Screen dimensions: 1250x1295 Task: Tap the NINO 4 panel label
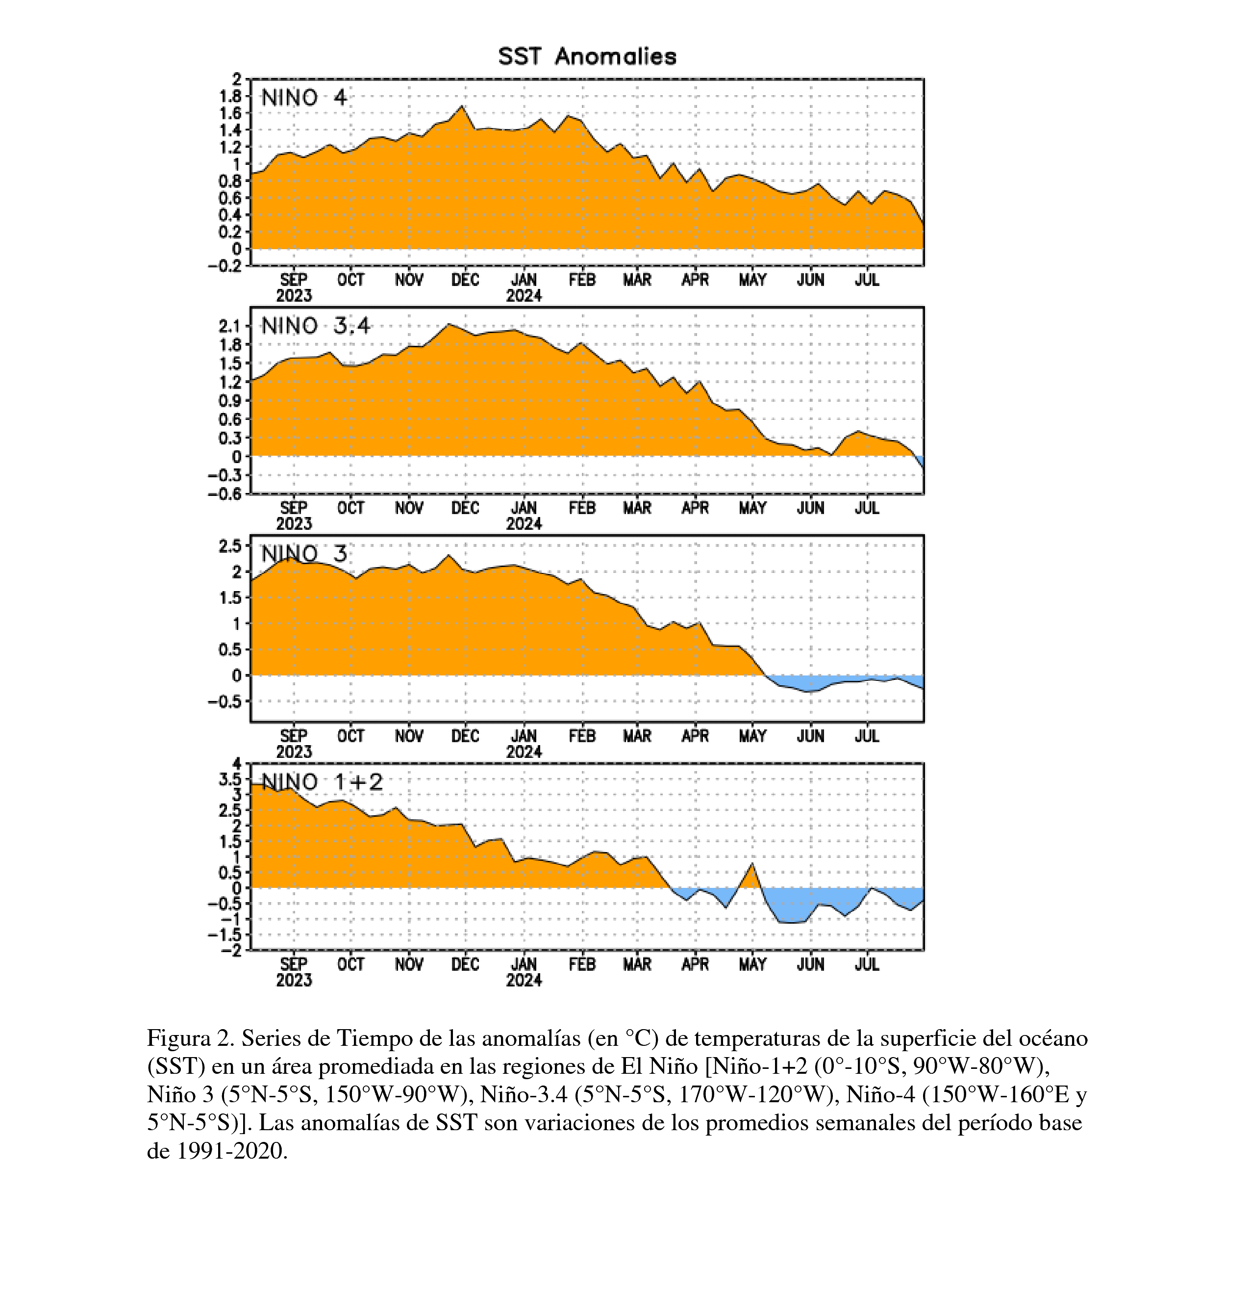pos(304,98)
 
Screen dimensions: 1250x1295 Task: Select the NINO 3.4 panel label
pos(316,326)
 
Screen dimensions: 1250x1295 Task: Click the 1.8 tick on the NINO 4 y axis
pos(230,96)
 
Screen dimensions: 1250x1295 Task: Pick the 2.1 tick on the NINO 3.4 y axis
pos(230,326)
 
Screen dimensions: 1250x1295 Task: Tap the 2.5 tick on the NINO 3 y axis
pos(230,546)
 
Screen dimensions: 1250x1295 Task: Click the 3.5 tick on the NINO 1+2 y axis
pos(230,778)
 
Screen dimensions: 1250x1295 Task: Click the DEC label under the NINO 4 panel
pos(466,280)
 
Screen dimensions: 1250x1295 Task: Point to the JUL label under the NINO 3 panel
pos(867,735)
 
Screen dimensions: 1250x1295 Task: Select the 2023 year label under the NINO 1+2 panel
pos(294,980)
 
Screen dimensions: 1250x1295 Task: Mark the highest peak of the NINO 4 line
pos(462,106)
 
